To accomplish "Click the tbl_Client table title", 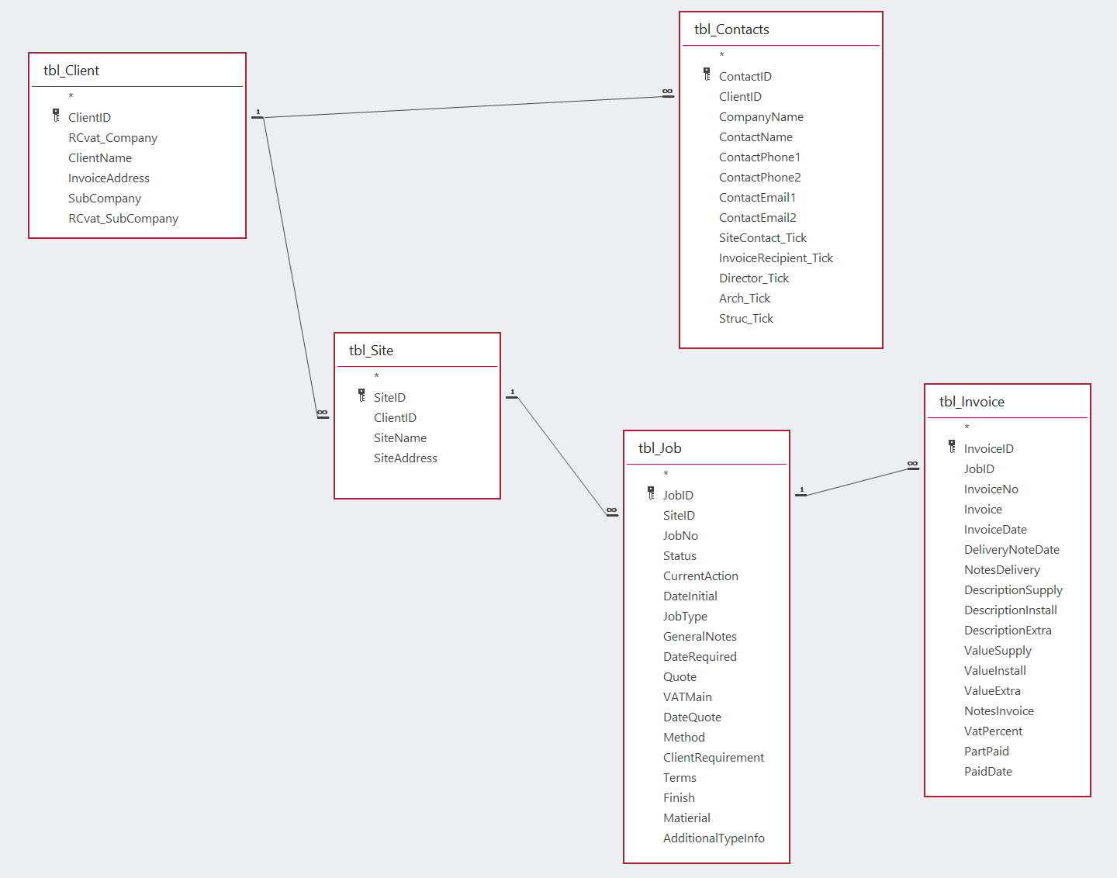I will pos(71,71).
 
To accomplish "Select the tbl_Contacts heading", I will pos(731,29).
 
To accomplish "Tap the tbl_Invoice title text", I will pos(971,402).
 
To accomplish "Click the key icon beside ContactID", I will pos(707,74).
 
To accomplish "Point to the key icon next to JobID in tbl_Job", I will pos(651,493).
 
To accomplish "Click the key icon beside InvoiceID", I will pos(952,447).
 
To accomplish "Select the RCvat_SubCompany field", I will pos(123,219).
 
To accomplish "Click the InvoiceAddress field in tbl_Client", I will pos(109,178).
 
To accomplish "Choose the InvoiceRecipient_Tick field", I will pos(776,258).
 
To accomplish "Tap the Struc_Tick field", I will pos(746,319).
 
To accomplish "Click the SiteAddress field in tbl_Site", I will pos(406,458).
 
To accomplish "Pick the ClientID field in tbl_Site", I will pos(395,418).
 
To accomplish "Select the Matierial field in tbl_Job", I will pos(686,818).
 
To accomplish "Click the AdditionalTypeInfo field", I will pos(714,838).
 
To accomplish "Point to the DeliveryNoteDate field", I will pos(1012,550).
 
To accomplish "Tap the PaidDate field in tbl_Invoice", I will pos(988,772).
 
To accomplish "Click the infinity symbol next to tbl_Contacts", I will pos(667,92).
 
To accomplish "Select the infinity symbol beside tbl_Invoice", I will pos(912,465).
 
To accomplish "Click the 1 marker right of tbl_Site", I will pos(512,392).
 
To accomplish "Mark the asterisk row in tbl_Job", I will pos(666,474).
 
